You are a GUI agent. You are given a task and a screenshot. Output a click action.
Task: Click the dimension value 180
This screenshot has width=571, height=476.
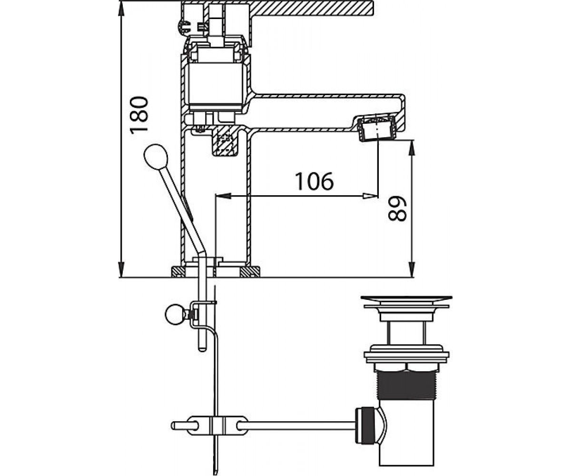pyautogui.click(x=139, y=115)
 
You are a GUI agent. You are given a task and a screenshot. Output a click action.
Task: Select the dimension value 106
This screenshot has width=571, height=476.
pyautogui.click(x=315, y=181)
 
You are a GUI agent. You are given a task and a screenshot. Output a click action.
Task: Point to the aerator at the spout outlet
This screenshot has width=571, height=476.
pyautogui.click(x=376, y=129)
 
